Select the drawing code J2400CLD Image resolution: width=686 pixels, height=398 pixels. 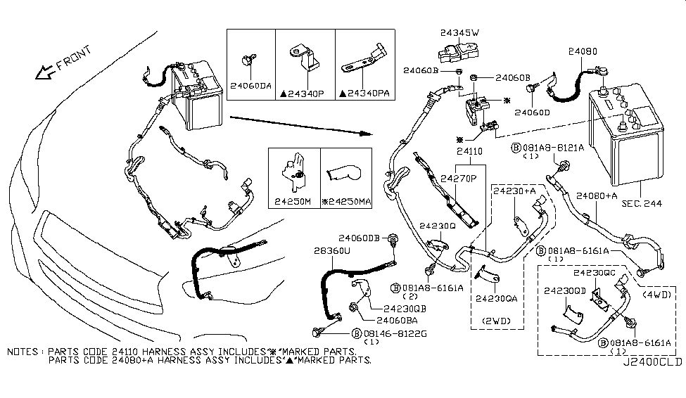(x=652, y=364)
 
